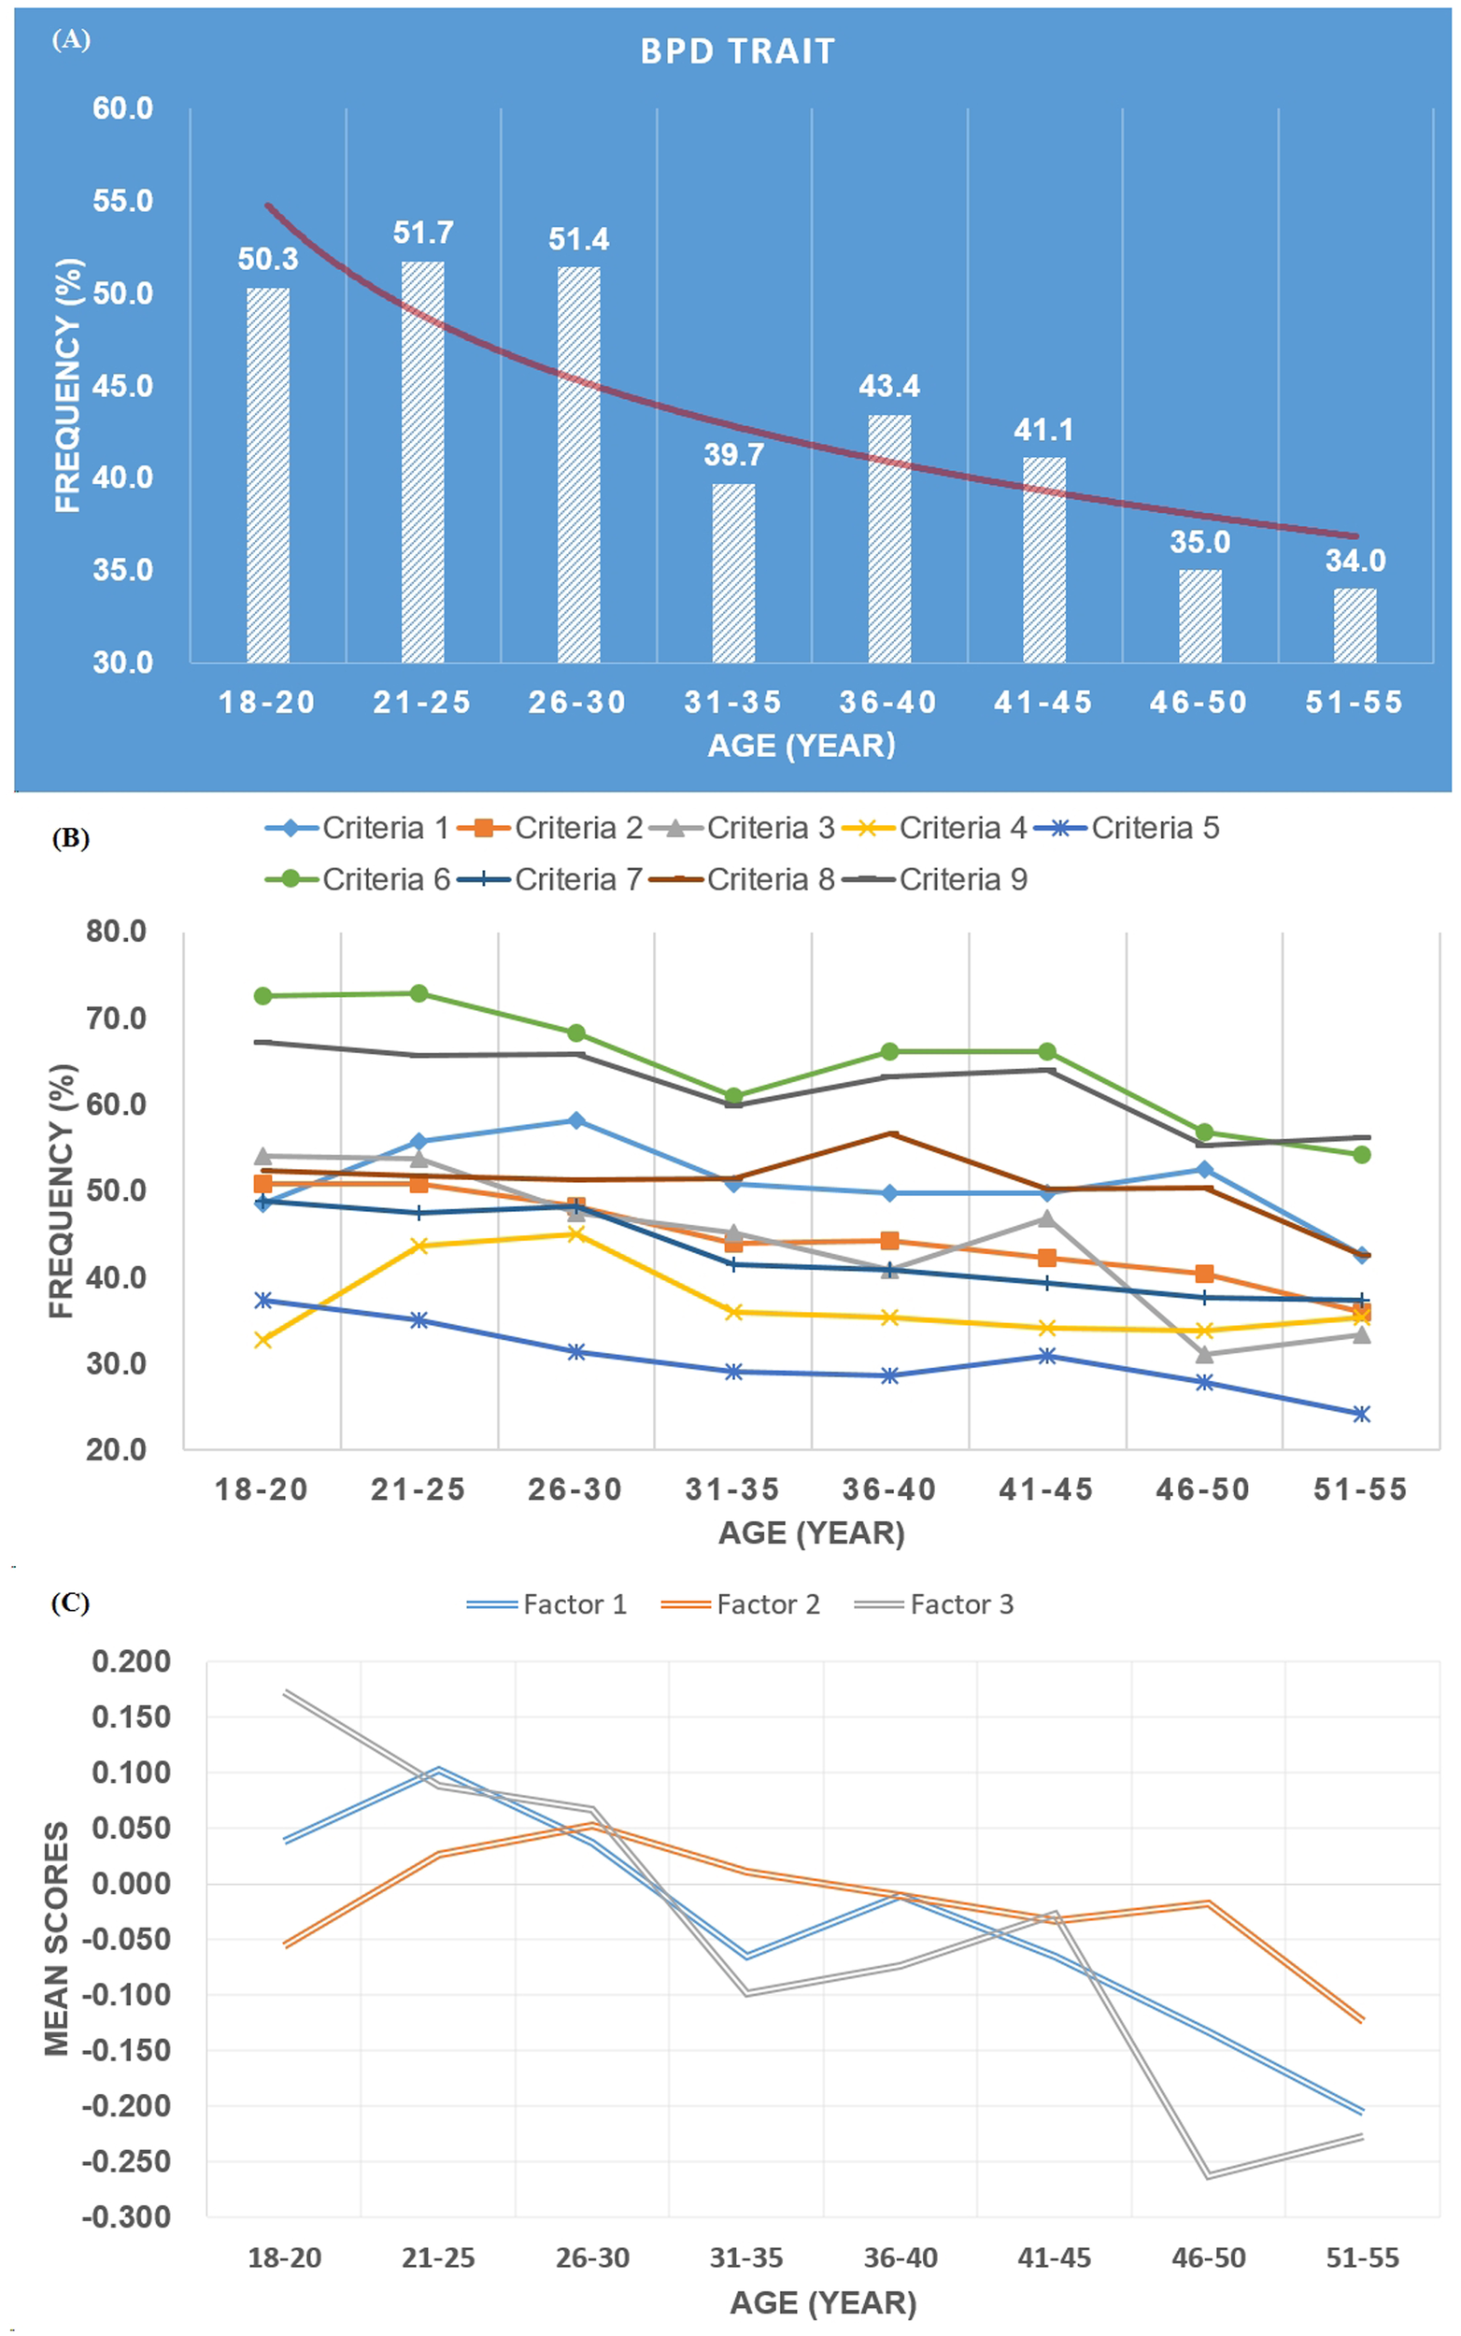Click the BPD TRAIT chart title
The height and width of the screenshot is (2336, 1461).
coord(737,51)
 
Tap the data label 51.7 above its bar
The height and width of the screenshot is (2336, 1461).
coord(423,233)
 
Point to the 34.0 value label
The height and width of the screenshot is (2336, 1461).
coord(1355,561)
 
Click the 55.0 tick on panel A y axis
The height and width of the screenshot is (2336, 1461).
coord(122,201)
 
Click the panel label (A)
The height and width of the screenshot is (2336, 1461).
coord(71,38)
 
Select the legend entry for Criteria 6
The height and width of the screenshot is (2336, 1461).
coord(358,879)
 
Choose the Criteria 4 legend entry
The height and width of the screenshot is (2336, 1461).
coord(933,828)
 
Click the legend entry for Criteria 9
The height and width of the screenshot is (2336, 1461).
coord(933,879)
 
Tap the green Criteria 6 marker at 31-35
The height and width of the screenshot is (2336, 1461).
coord(733,1096)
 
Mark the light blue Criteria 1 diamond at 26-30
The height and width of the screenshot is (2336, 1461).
coord(575,1120)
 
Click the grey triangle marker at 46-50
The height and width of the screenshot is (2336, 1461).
coord(1204,1355)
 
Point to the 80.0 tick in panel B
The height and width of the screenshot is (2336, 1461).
coord(116,932)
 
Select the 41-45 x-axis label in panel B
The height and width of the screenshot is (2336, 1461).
coord(1045,1489)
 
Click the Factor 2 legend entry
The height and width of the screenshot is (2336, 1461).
coord(740,1604)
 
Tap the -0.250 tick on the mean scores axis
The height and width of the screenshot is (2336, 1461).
coord(125,2161)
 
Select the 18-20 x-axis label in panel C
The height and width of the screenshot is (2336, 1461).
coord(284,2258)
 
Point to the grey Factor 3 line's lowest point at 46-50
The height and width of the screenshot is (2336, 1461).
coord(1208,2175)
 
